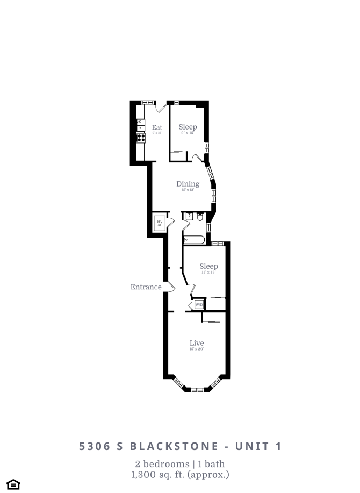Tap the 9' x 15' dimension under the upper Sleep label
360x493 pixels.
click(188, 133)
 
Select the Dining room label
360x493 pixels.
click(188, 184)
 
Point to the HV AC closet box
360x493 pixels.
click(160, 223)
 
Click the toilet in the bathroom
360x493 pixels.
click(200, 217)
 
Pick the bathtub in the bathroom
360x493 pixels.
click(194, 240)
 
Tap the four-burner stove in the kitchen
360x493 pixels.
click(141, 138)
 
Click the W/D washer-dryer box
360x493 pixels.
click(199, 305)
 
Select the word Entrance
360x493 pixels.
click(146, 287)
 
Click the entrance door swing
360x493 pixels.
click(170, 287)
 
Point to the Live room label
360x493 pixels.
click(197, 343)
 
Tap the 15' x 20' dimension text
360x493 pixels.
click(197, 349)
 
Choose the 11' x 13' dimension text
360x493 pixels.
click(208, 273)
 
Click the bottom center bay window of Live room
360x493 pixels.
click(197, 389)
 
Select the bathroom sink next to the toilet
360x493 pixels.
click(189, 216)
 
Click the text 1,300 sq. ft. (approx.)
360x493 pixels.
click(180, 474)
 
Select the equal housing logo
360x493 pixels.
click(13, 484)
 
